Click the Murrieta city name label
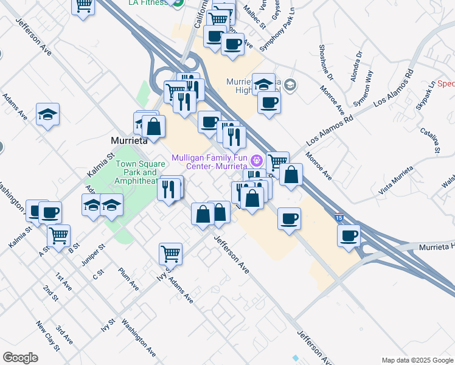coord(130,140)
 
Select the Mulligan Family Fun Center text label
coord(210,161)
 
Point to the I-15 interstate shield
coord(338,216)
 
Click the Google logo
coord(21,357)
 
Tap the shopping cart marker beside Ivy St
coord(171,253)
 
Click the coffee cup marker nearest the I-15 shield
coord(349,235)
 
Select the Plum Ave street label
coord(129,278)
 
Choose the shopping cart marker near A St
coord(59,235)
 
